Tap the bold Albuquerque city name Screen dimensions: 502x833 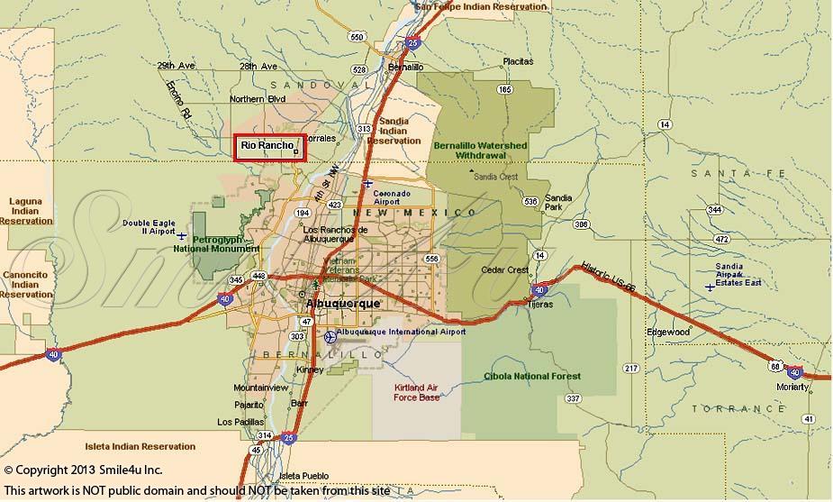pyautogui.click(x=343, y=305)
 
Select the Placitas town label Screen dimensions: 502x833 pyautogui.click(x=518, y=61)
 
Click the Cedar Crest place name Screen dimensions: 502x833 pyautogui.click(x=505, y=270)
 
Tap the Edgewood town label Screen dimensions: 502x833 pyautogui.click(x=667, y=332)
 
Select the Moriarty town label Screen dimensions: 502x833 pyautogui.click(x=793, y=387)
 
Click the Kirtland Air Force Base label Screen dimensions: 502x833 pyautogui.click(x=417, y=392)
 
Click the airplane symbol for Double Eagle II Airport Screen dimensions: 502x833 pyautogui.click(x=183, y=235)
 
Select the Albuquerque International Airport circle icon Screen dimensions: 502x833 pyautogui.click(x=330, y=336)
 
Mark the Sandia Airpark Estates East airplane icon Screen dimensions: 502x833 pyautogui.click(x=711, y=287)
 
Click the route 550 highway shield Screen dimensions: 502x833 pyautogui.click(x=358, y=37)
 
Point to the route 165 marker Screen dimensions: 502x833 pyautogui.click(x=504, y=89)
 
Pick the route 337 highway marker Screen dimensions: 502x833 pyautogui.click(x=573, y=397)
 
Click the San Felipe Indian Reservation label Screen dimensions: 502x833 pyautogui.click(x=481, y=6)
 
